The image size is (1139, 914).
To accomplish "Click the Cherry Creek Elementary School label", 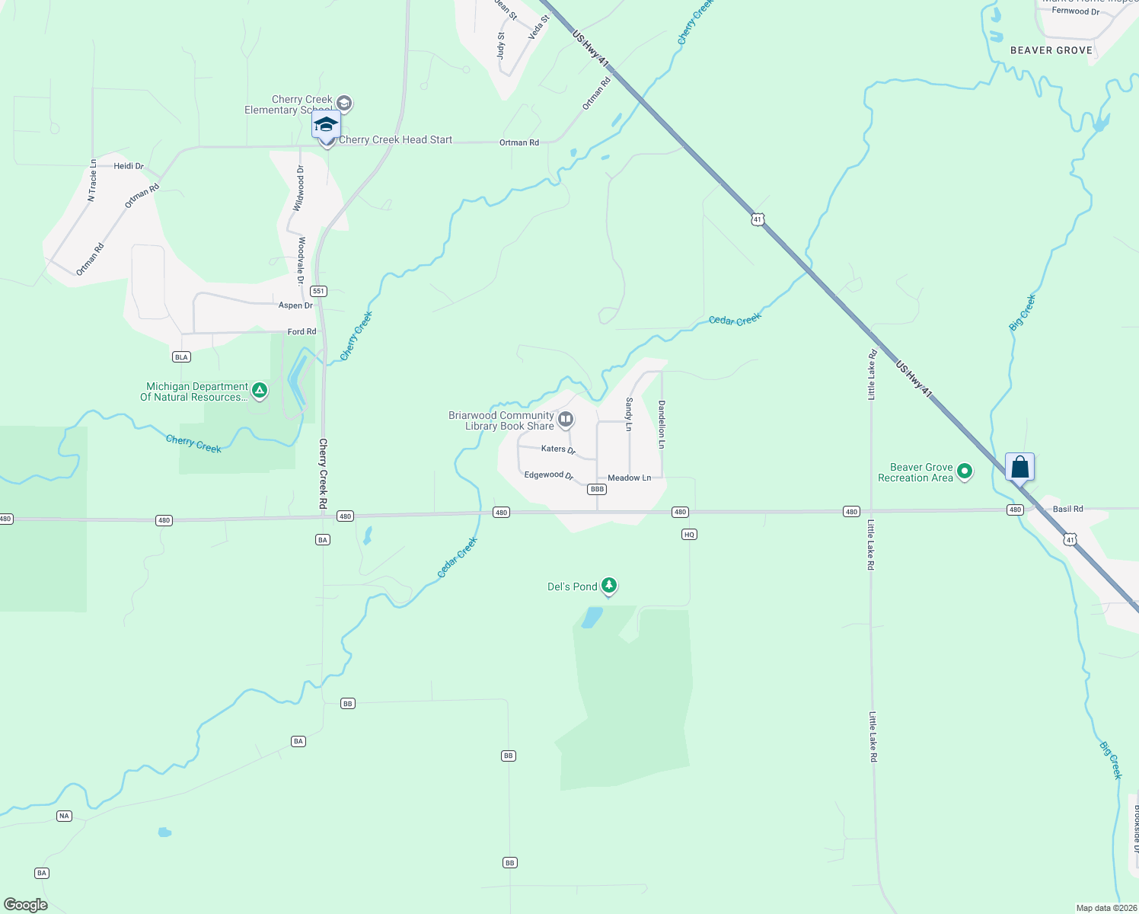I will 289,105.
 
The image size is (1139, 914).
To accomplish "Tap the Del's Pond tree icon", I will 608,586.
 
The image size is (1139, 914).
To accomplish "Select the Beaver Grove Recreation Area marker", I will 965,472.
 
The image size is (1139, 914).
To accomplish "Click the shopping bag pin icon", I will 1019,468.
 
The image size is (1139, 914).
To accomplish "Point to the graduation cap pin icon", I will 326,125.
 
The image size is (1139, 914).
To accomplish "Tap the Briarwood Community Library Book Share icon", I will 566,420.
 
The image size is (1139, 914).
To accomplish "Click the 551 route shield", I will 318,291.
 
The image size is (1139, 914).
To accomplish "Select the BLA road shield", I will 181,357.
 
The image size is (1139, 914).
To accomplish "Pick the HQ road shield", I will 689,535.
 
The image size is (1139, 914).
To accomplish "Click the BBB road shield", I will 597,490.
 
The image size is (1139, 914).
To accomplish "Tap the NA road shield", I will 64,816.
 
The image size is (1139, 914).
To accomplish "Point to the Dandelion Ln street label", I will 662,424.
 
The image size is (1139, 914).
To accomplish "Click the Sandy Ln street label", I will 629,414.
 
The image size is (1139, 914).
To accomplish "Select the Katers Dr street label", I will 558,449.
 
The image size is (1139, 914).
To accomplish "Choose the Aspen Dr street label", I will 295,305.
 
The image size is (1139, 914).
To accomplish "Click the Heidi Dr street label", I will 129,166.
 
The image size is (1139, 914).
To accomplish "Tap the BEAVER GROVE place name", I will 1051,50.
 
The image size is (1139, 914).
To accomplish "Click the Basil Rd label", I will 1067,509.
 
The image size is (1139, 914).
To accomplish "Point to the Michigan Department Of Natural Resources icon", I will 260,391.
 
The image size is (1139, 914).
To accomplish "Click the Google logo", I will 26,904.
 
